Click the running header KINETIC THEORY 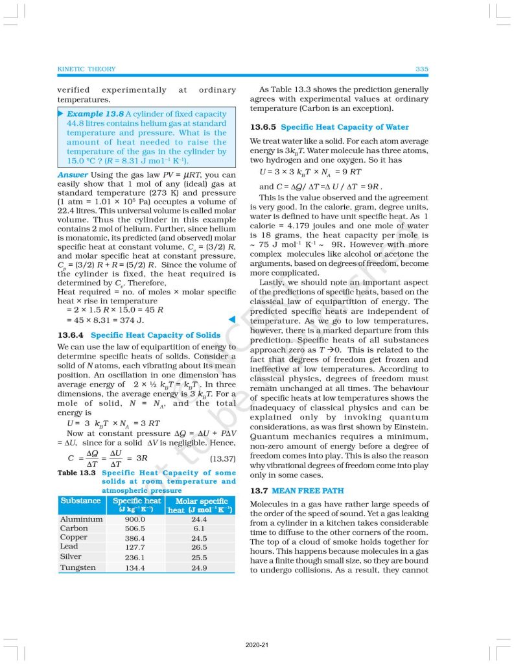(86, 69)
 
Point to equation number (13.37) (221, 459)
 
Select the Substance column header (80, 501)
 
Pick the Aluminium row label (81, 519)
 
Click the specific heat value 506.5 (135, 528)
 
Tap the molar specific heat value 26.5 (199, 547)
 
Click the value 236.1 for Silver (135, 557)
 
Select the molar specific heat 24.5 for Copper (199, 538)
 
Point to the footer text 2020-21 (257, 646)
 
